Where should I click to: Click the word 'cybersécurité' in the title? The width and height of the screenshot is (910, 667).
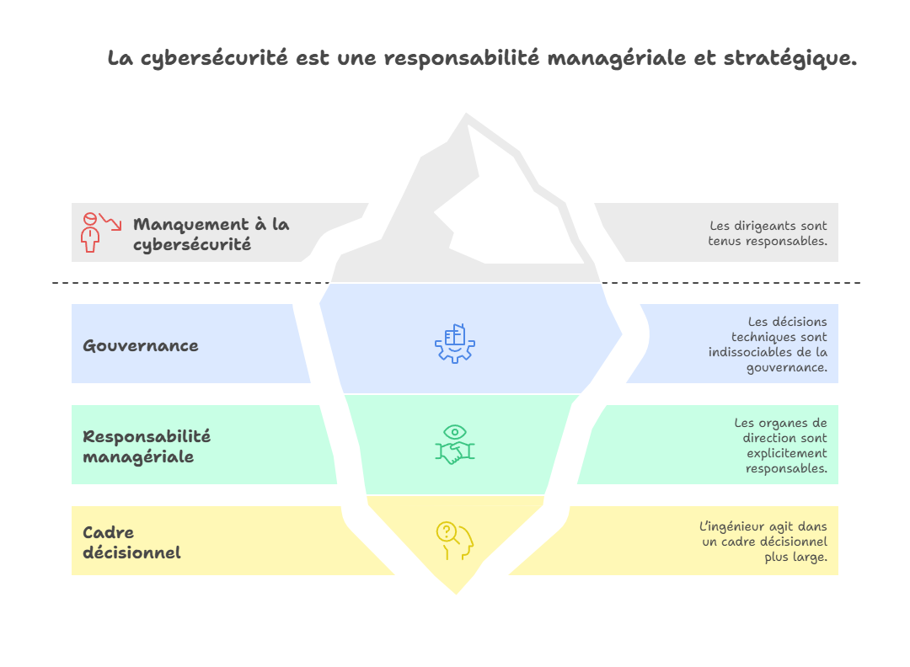[x=214, y=59]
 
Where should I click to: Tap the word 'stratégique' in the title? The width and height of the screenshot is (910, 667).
[x=790, y=59]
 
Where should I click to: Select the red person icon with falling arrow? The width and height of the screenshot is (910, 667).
[x=99, y=232]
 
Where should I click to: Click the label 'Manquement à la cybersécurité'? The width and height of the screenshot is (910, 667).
[x=211, y=234]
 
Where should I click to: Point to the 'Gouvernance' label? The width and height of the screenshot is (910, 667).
[x=141, y=345]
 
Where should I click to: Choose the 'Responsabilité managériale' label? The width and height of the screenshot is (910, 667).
[x=147, y=446]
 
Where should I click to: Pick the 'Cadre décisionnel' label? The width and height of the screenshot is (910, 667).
[x=131, y=542]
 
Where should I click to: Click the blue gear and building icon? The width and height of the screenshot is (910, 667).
[x=454, y=344]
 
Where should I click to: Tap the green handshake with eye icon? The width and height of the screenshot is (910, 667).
[x=454, y=445]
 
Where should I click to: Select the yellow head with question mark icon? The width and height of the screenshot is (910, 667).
[x=454, y=541]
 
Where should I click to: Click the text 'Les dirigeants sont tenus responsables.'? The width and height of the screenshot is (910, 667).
[x=768, y=233]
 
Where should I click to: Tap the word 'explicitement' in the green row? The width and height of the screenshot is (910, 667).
[x=786, y=454]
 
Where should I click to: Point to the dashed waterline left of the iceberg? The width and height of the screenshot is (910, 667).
[x=191, y=283]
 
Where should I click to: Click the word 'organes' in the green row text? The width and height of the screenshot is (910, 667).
[x=782, y=424]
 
